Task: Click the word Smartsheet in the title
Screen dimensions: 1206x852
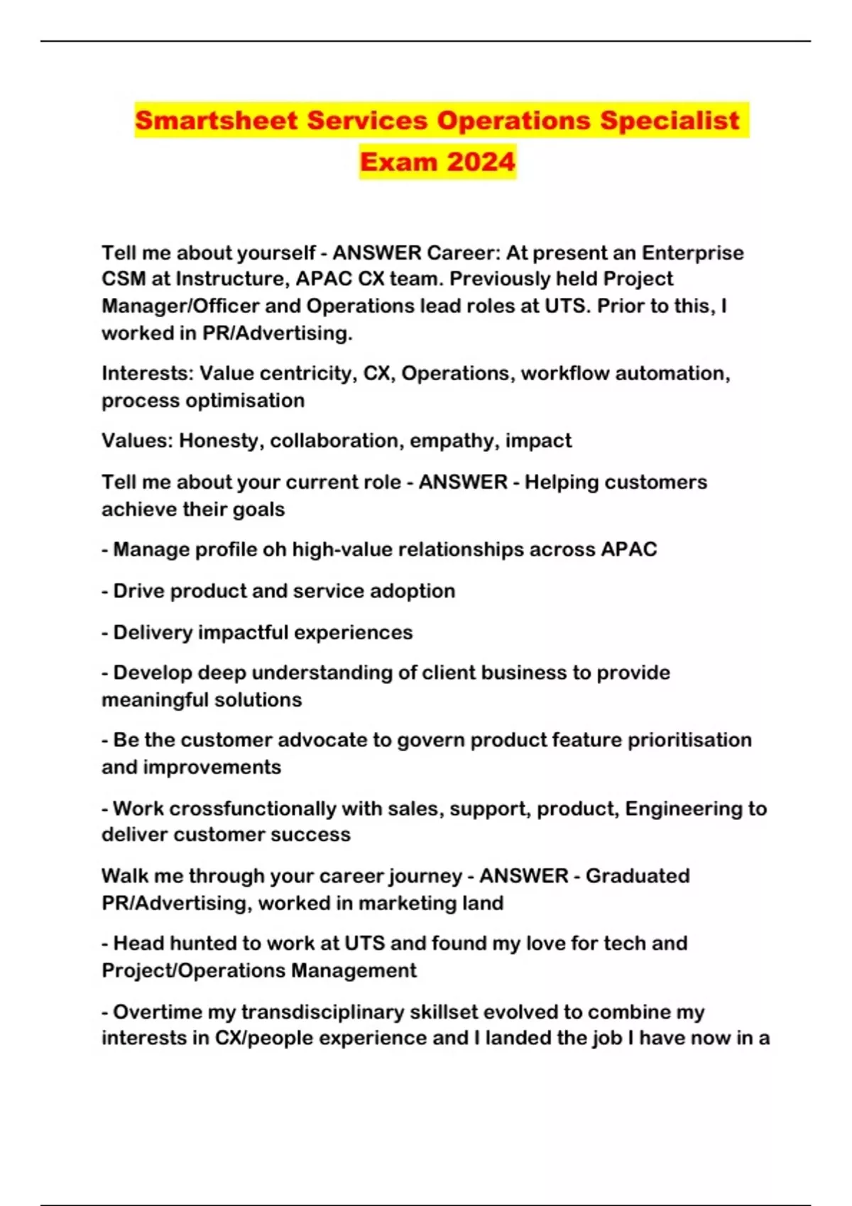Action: point(217,121)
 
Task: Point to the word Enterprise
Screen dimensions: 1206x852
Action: point(693,253)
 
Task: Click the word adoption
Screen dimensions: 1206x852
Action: point(413,591)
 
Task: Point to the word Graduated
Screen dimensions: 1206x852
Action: point(638,876)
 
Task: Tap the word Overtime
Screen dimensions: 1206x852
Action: point(155,1012)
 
